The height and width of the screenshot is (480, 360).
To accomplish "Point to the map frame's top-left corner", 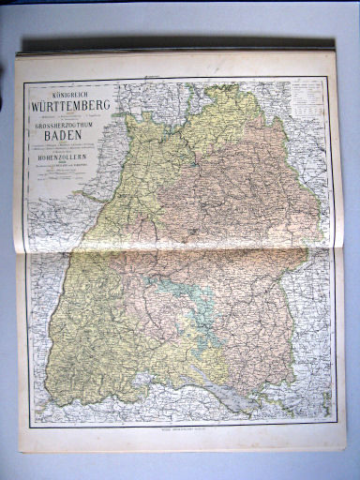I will click(x=25, y=81).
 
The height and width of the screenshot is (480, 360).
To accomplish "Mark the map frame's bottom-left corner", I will click(x=30, y=427).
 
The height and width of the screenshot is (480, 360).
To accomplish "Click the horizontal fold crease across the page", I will click(x=178, y=250).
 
